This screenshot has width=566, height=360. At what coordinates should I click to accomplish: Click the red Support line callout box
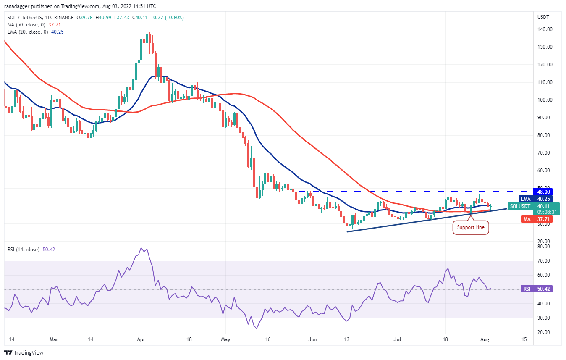click(x=471, y=227)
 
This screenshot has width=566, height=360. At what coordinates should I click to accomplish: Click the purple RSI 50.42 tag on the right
click(x=542, y=289)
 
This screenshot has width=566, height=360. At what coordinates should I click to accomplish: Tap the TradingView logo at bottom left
click(x=24, y=352)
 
